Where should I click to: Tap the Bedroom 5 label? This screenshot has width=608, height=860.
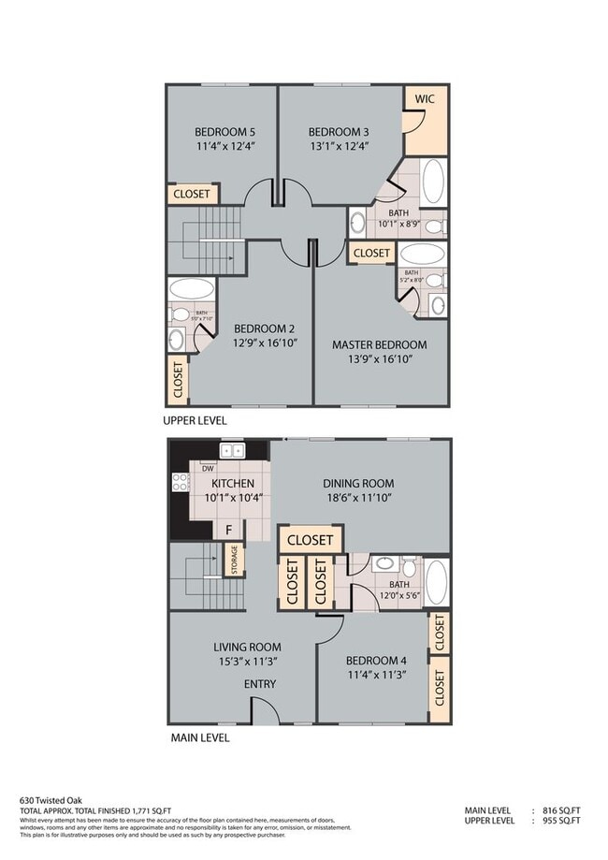point(224,131)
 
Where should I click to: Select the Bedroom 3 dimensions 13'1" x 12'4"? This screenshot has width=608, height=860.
point(339,146)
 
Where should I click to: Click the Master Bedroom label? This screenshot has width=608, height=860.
point(379,344)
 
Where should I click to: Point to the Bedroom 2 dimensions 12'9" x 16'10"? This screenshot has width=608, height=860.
point(265,343)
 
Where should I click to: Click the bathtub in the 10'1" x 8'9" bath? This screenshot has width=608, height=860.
point(432,182)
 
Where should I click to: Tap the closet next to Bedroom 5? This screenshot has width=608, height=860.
point(193,195)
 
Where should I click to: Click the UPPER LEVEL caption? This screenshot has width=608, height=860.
point(195,421)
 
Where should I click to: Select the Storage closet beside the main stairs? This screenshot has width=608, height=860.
point(233,561)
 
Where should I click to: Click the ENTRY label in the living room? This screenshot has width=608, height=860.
point(260,684)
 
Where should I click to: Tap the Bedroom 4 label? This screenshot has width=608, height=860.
point(370,661)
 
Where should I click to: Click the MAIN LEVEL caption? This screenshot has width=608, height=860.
point(200,737)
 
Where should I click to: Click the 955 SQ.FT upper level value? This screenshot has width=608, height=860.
point(561,821)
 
